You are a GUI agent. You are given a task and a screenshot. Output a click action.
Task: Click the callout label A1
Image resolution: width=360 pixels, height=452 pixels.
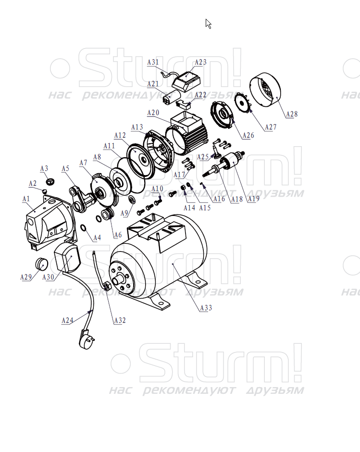click(26, 199)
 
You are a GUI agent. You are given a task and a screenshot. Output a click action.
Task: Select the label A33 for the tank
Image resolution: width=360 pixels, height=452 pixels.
click(206, 308)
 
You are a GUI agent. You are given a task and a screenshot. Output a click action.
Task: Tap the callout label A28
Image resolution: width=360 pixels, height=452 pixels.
click(292, 114)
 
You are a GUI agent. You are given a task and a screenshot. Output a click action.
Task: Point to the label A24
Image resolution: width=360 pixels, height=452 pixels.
click(67, 320)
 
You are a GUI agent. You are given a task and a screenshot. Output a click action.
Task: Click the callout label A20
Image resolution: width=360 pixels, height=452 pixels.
click(153, 113)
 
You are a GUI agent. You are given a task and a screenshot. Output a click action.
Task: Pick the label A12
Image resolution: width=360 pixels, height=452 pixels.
click(120, 135)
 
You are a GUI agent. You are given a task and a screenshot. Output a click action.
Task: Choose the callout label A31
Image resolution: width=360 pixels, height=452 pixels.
click(153, 62)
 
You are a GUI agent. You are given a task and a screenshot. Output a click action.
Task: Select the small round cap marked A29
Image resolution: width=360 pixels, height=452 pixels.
click(41, 264)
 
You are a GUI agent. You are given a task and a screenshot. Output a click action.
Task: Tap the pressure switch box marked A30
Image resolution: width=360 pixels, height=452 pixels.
click(67, 257)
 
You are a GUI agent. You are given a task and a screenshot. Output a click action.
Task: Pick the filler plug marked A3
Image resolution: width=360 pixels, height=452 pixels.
click(51, 182)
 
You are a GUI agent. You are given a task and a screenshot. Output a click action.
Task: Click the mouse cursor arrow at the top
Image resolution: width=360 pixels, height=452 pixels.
click(208, 24)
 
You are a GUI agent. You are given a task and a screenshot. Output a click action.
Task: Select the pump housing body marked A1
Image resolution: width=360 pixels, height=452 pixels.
click(49, 221)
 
